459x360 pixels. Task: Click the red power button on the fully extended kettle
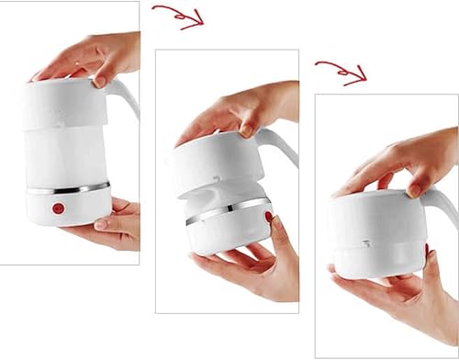click(x=59, y=208)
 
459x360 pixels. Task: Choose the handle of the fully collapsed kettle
click(x=448, y=207)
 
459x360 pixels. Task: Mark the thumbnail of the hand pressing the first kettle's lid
click(x=99, y=81)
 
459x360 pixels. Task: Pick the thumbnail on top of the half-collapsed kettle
click(x=246, y=130)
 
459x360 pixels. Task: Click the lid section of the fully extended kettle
click(x=64, y=103)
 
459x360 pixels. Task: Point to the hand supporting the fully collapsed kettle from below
click(x=395, y=294)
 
